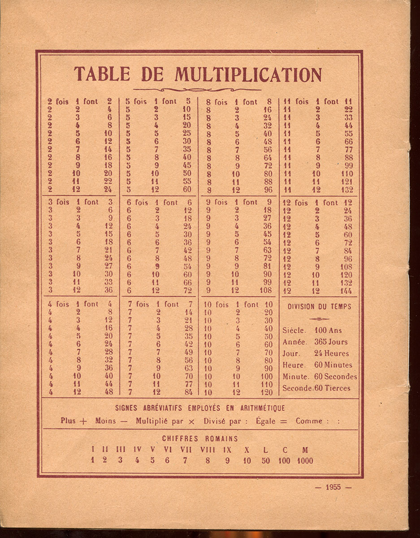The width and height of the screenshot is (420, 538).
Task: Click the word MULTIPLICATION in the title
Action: click(x=248, y=74)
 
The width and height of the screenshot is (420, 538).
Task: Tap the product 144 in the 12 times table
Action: click(x=346, y=291)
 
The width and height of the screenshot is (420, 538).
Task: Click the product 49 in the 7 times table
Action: click(x=188, y=352)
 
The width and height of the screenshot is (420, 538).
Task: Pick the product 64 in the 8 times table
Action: click(x=267, y=157)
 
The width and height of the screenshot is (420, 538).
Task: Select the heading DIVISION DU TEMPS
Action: click(x=319, y=307)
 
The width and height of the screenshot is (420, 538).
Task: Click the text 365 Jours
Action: click(x=331, y=342)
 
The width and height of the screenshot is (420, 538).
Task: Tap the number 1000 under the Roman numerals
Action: click(x=305, y=461)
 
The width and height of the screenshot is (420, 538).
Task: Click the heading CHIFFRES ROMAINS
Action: click(x=200, y=438)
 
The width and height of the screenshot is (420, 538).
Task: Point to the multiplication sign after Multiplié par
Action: click(x=192, y=421)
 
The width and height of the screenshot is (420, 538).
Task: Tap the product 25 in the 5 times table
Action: click(x=187, y=133)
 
